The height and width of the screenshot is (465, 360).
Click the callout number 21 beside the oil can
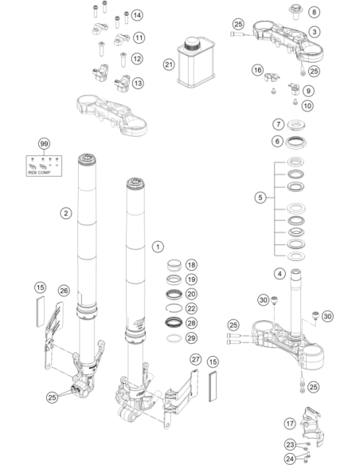pyautogui.click(x=169, y=64)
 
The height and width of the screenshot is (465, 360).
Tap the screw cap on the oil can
pyautogui.click(x=192, y=44)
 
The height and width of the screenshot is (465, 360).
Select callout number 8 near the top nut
pyautogui.click(x=314, y=12)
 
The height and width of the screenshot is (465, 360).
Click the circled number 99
pyautogui.click(x=44, y=144)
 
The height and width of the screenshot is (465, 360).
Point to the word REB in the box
pyautogui.click(x=32, y=172)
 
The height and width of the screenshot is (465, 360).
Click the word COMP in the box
pyautogui.click(x=44, y=172)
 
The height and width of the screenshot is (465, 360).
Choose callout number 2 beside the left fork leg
pyautogui.click(x=66, y=213)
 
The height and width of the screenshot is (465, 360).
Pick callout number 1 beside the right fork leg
pyautogui.click(x=158, y=247)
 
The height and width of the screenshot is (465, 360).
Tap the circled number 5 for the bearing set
pyautogui.click(x=260, y=197)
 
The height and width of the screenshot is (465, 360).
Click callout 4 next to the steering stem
pyautogui.click(x=280, y=273)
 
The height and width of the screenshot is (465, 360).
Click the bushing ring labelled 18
pyautogui.click(x=174, y=265)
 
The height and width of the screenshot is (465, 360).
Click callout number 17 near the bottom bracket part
pyautogui.click(x=290, y=424)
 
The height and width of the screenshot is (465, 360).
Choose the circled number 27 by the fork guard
pyautogui.click(x=195, y=360)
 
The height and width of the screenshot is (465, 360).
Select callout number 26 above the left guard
pyautogui.click(x=64, y=291)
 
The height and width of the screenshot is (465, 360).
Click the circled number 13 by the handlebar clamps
pyautogui.click(x=138, y=84)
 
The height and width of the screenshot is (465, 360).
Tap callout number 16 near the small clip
pyautogui.click(x=257, y=70)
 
